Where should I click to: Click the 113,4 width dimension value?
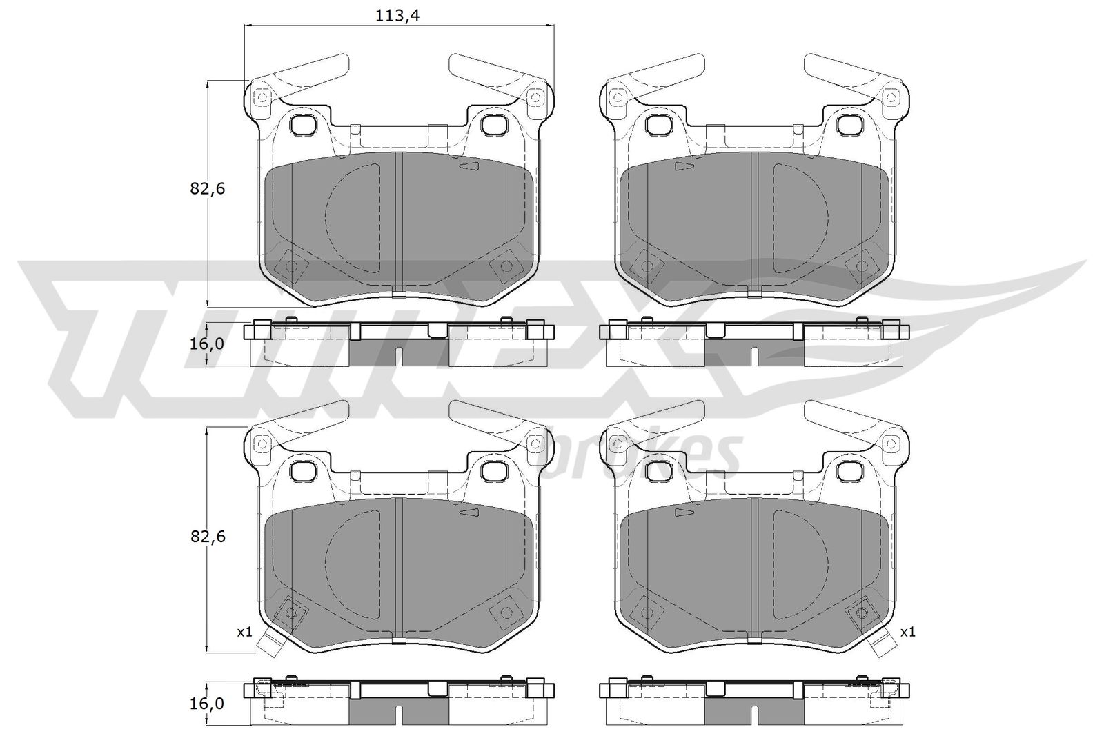397,16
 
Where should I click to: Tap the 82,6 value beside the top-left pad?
208,188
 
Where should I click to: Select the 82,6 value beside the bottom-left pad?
208,537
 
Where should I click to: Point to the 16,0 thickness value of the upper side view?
207,344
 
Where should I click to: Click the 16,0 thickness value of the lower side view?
207,703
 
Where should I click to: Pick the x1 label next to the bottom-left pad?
244,632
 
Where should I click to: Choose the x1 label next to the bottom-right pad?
907,632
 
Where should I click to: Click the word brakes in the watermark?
641,456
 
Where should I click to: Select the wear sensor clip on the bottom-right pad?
883,643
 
